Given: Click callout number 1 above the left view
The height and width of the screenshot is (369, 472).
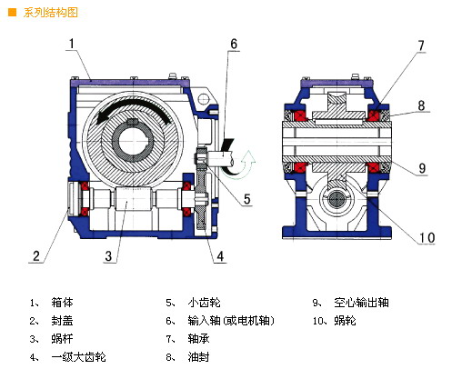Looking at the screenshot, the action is pos(72,44).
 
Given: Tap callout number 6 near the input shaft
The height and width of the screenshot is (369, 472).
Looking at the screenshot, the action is pos(234,44).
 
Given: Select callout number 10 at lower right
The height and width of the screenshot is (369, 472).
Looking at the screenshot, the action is pos(427,238).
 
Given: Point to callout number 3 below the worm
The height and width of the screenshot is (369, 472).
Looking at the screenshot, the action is pos(108,256).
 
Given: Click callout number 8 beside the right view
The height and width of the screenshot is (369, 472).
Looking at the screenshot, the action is pos(421,105).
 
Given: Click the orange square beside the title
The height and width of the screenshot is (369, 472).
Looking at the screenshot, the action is pos(13,13).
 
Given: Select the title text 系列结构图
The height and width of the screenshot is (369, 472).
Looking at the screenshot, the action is pos(50,13).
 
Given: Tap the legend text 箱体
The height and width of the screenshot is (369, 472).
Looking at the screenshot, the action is pos(62,303).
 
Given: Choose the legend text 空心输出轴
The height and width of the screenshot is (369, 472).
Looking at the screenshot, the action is pos(361,303).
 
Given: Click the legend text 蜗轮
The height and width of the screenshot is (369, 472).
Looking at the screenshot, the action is pos(345,321).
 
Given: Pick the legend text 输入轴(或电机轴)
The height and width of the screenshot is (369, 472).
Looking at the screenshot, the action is pos(231,321).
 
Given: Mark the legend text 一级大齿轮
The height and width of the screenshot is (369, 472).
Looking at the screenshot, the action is pos(78,357).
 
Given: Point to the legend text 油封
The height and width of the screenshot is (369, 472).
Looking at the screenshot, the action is pos(198,357).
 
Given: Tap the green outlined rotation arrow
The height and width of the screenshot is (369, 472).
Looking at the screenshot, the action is pos(244,165).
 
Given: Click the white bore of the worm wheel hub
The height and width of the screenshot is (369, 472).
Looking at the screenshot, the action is pos(133,142).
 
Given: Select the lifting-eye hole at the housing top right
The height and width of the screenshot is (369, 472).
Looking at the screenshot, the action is pos(204,99).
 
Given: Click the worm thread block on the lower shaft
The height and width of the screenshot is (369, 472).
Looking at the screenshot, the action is pos(132,199).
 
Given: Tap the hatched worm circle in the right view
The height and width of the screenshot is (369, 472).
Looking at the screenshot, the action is pos(336,199).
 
